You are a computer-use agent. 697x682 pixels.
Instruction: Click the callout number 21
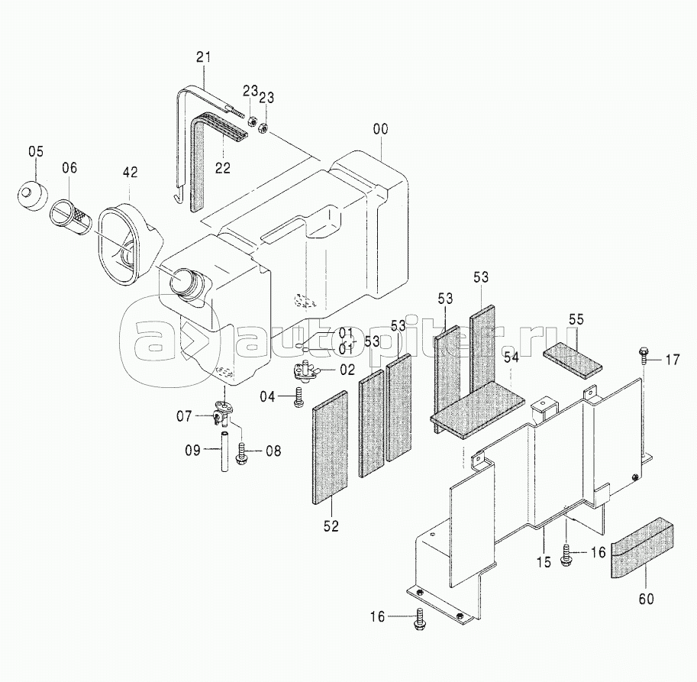pos(204,57)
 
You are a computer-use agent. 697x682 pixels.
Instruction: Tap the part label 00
pos(380,129)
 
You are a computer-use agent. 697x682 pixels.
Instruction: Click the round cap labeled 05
pos(31,195)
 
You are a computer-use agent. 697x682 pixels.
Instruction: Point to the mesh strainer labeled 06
pos(72,215)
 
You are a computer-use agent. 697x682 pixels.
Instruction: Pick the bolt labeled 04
pos(298,396)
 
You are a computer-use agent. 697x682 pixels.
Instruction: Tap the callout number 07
pos(184,416)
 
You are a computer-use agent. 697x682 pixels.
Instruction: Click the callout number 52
pos(331,526)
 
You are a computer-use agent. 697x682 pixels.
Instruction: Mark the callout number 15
pos(544,562)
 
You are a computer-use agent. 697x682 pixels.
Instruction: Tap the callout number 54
pos(511,357)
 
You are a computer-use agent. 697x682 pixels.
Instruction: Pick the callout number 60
pos(646,599)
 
